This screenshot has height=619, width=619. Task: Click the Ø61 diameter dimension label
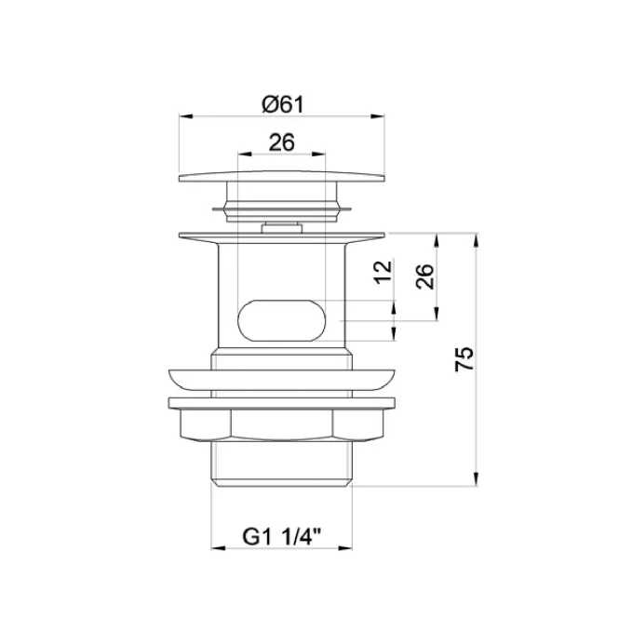[283, 105]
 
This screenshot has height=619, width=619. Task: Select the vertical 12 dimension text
[384, 272]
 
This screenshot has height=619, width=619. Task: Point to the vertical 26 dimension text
[425, 276]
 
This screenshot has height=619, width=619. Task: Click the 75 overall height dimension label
[464, 359]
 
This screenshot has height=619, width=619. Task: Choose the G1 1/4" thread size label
[281, 537]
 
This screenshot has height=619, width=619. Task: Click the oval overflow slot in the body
[281, 320]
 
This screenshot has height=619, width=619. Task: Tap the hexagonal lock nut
[281, 424]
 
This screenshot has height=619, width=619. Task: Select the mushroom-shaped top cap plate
[281, 177]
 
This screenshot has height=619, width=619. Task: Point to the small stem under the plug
[281, 228]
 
